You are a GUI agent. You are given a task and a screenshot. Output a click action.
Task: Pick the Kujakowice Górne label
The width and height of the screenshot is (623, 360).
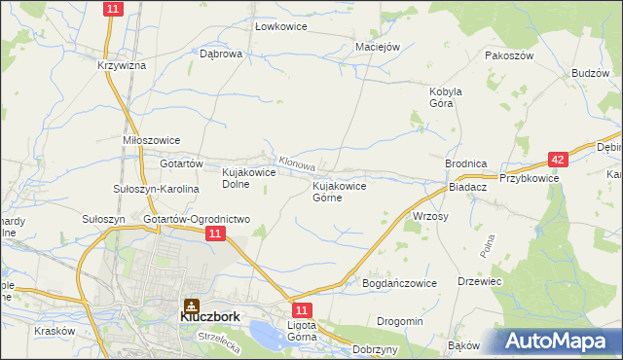click(338, 191)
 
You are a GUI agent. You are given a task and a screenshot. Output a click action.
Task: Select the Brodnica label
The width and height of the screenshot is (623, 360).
click(465, 164)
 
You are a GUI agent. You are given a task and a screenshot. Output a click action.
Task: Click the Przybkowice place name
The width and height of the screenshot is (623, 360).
click(529, 178)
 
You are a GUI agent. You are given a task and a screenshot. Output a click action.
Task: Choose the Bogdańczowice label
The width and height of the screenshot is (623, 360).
click(399, 282)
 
